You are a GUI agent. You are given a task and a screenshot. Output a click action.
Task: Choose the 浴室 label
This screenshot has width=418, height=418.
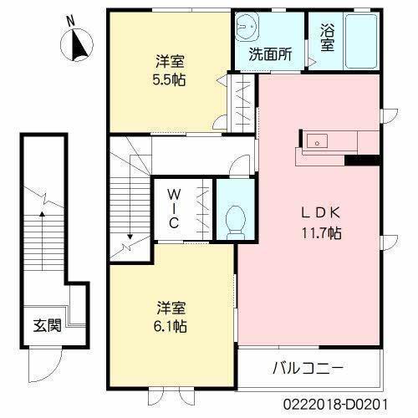click(327, 38)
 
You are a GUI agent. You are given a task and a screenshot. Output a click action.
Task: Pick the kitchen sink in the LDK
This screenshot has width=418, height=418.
click(318, 140)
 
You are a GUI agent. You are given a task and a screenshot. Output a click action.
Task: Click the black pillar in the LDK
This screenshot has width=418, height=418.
click(362, 161)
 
